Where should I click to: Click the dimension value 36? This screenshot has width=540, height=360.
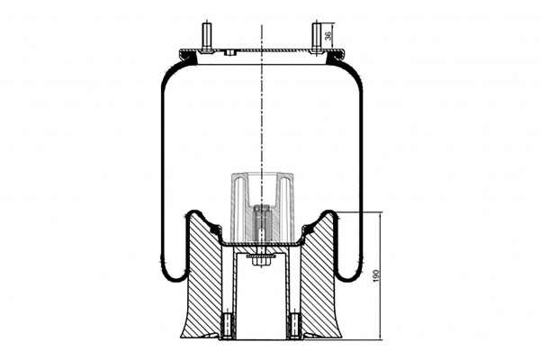coord(328,35)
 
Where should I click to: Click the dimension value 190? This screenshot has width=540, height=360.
coord(375,276)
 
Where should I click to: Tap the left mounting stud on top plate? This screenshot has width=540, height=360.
coord(207,37)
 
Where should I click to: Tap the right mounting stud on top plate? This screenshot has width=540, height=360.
coord(316,37)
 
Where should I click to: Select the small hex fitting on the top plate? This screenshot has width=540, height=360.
coord(229,52)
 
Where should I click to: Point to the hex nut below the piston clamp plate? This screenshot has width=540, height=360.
coord(261,262)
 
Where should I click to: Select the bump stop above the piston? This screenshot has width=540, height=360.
coord(262,208)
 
